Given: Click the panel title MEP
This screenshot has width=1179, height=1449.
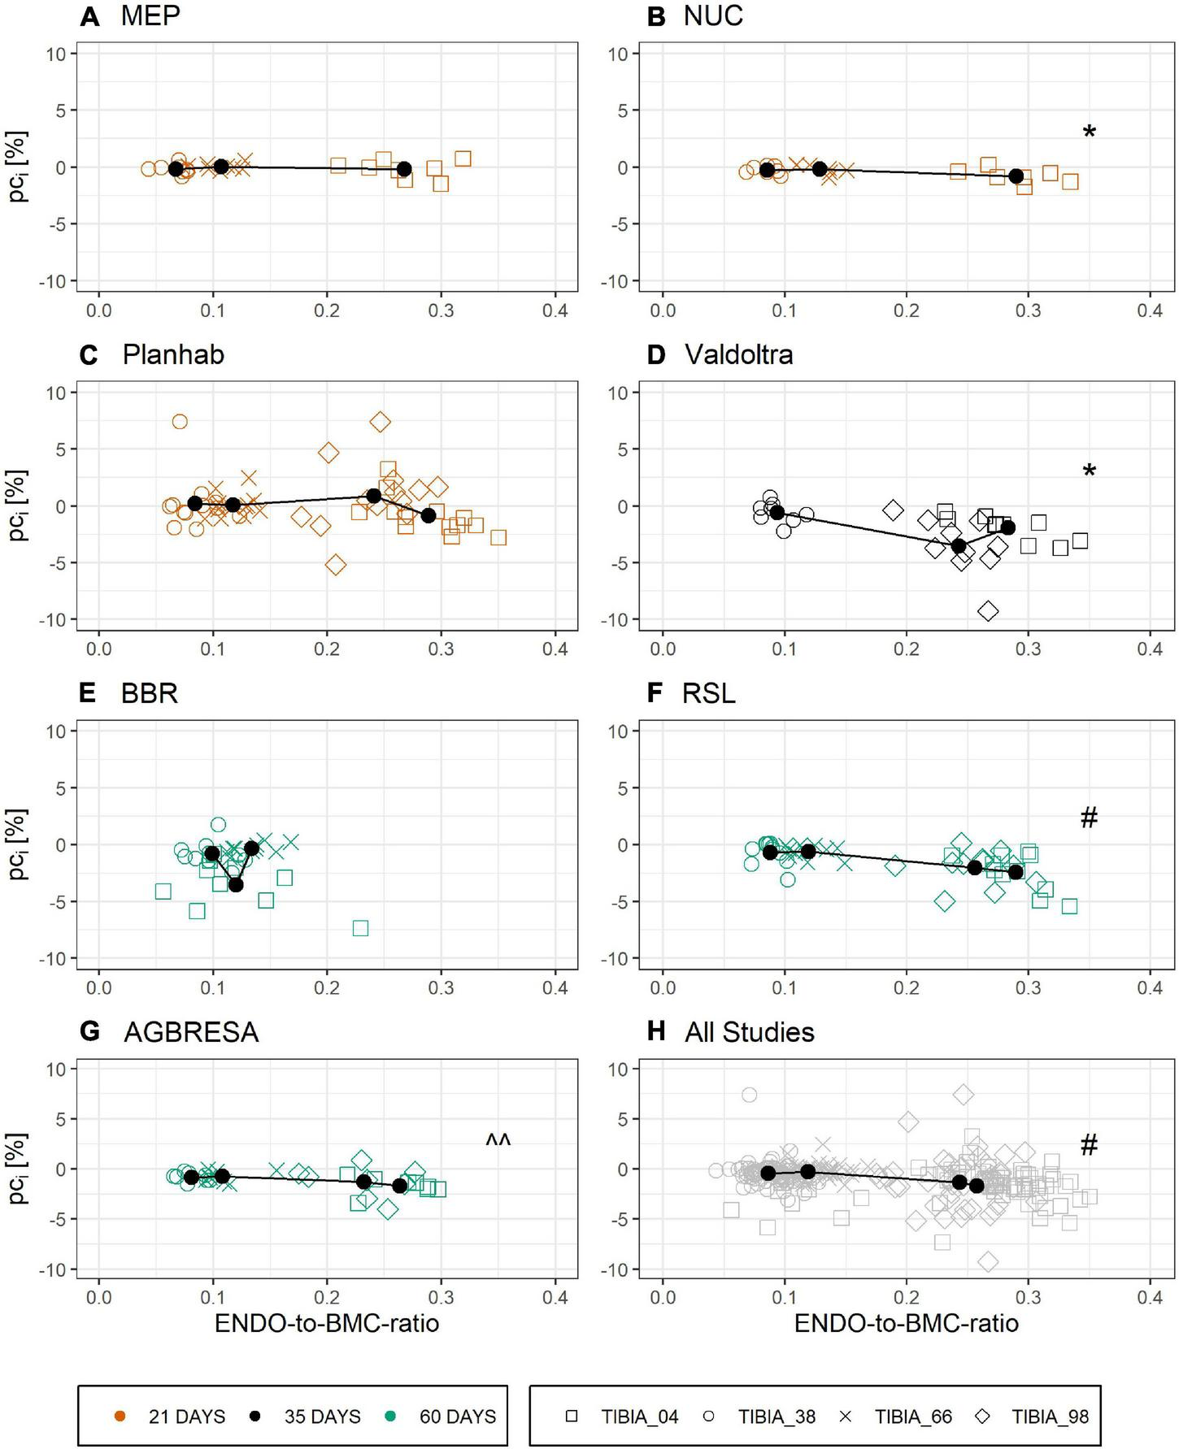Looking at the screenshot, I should tap(150, 15).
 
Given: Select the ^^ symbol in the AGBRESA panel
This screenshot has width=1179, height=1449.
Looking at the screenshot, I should tap(498, 1140).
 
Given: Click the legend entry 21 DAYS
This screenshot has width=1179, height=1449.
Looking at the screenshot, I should tap(186, 1416).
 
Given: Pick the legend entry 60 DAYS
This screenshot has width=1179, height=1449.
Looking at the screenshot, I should tap(457, 1416).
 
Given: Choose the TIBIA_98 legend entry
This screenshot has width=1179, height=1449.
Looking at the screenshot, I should tap(1050, 1416).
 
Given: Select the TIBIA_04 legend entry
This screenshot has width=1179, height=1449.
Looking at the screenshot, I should tap(639, 1416).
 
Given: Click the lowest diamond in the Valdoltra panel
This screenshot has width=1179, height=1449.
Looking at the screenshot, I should tap(988, 611).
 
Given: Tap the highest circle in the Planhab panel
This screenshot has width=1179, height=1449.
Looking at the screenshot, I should tap(180, 421).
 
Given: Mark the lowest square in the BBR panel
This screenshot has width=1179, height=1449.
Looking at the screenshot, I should tap(360, 928).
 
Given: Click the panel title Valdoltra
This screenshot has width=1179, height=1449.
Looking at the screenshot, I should tap(738, 354).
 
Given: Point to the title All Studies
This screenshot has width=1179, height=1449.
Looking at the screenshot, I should tap(749, 1032).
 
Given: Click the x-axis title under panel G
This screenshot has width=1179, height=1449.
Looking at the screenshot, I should tap(327, 1324).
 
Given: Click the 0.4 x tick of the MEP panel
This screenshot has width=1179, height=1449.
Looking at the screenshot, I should tap(555, 310).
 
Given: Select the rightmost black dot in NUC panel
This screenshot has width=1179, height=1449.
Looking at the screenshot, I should tap(1016, 176).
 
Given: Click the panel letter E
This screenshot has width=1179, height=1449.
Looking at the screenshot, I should tap(88, 693).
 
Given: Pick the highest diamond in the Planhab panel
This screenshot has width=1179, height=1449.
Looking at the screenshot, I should tap(380, 422).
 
